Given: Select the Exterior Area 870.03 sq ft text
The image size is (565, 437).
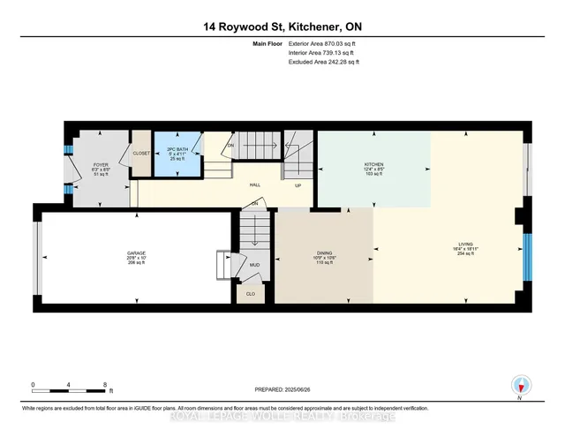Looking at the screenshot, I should click(x=324, y=42).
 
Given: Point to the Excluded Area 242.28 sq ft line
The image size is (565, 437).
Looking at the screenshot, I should click(x=324, y=62).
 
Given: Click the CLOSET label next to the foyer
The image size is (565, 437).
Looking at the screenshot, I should click(x=141, y=153).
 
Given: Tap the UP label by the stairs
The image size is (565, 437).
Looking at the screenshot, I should click(x=298, y=185).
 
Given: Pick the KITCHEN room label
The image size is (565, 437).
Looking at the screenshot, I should click(x=374, y=166).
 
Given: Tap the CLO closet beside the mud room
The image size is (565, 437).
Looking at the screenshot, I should click(x=251, y=293).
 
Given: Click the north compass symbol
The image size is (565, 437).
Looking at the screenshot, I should click(x=521, y=386).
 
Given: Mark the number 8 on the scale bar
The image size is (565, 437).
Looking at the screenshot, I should click(x=105, y=386).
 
